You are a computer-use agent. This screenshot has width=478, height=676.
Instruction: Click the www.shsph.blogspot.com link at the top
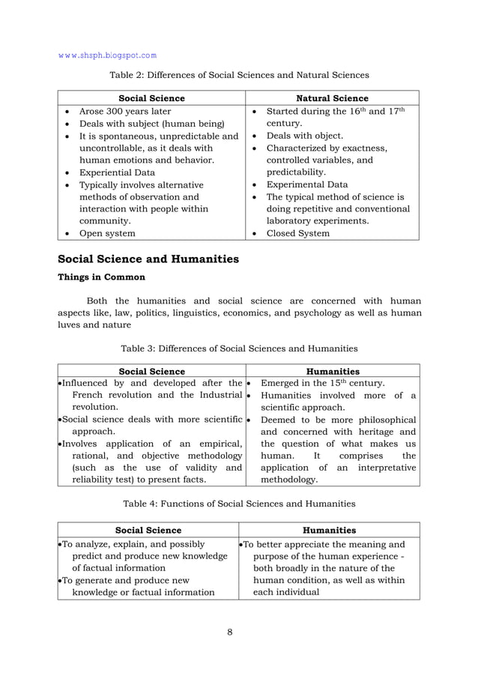pos(108,55)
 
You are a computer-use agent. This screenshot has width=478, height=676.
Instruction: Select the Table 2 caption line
pos(239,75)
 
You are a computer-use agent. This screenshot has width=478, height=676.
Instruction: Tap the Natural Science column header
pos(332,98)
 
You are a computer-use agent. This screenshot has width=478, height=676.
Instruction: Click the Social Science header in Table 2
pos(152,98)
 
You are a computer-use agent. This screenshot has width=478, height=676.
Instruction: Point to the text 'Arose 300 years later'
pos(125,112)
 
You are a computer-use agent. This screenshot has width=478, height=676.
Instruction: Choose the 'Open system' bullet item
pos(107,233)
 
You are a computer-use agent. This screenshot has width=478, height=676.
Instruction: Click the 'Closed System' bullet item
pos(297,233)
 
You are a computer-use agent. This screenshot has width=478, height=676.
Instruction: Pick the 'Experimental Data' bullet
pos(306,184)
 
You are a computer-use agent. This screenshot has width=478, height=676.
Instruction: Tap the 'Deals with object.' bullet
pos(305,136)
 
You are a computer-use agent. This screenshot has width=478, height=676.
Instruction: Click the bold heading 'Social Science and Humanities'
pos(148,259)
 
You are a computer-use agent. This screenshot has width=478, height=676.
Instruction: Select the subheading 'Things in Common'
pos(102,277)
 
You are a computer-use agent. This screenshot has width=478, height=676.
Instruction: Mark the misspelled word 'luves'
pos(70,325)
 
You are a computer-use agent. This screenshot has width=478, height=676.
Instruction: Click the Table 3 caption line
pos(239,348)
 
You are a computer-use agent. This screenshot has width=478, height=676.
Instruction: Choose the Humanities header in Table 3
pos(333,371)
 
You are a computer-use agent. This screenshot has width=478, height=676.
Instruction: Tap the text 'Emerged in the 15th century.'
pos(322,384)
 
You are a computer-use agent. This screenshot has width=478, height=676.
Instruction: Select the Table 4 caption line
pos(239,504)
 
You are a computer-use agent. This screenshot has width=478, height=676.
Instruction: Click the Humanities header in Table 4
pos(329,530)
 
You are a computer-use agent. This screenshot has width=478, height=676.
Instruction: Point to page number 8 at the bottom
pos(229,632)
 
